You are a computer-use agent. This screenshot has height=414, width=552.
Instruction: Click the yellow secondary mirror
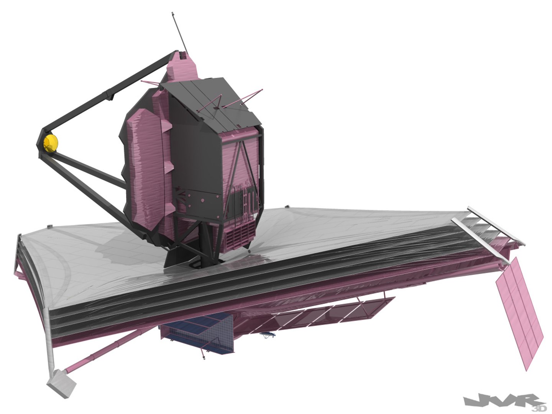pyautogui.click(x=50, y=143)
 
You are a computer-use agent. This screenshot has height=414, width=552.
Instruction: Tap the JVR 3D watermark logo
pyautogui.click(x=505, y=401)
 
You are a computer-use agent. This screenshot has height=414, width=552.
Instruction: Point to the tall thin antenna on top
pyautogui.click(x=179, y=32)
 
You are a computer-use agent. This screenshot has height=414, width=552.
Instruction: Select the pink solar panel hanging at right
pyautogui.click(x=520, y=311)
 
